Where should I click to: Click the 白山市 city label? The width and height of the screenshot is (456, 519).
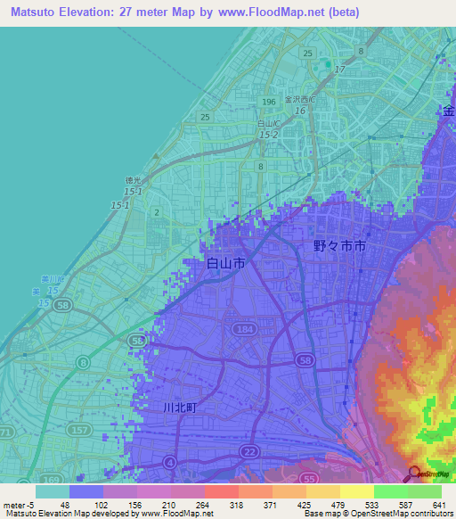click(x=225, y=264)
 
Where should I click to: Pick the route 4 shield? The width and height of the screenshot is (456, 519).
click(x=168, y=463)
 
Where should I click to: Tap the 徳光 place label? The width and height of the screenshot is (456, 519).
click(x=133, y=181)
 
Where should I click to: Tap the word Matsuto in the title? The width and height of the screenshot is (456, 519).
click(x=36, y=12)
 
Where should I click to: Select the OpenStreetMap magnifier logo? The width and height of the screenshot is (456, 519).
click(x=415, y=474)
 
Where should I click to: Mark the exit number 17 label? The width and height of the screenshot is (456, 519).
click(x=339, y=69)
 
